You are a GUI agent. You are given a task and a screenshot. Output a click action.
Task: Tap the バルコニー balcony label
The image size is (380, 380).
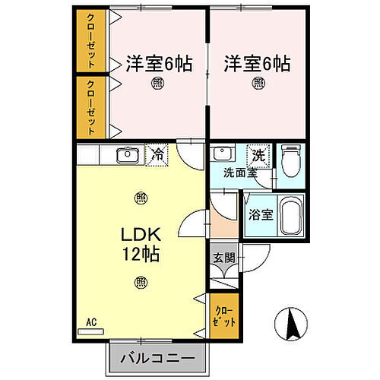(155, 357)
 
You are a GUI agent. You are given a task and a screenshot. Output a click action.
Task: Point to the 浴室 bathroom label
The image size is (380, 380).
(261, 215)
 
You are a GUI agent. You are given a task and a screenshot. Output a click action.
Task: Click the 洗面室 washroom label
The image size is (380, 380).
(239, 172)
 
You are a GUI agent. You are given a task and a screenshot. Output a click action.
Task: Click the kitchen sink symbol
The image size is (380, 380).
(125, 155)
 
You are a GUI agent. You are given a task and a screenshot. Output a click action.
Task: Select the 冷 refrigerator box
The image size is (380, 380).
(156, 155)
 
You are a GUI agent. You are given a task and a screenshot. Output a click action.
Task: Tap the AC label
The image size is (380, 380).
(90, 321)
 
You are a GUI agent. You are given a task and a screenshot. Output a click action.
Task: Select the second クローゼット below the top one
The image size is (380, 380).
(91, 107)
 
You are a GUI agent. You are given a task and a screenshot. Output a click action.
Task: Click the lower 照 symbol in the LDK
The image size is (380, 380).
(141, 282)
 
